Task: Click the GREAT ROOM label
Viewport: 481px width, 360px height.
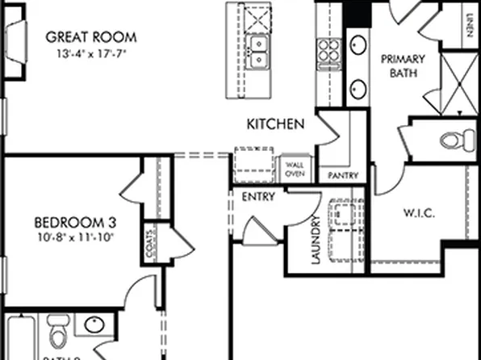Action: pos(90,37)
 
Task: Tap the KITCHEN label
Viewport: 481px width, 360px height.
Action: pos(275,124)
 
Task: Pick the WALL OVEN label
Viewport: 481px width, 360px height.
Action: pos(294,169)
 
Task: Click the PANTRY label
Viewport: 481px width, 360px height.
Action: pos(343,175)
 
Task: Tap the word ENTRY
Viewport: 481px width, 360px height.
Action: pos(258,196)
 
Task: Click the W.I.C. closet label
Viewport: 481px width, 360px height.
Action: pos(419,213)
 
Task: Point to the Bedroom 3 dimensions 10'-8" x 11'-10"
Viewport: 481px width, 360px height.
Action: pos(76,237)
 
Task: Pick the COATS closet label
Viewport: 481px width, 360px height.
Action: pos(151,250)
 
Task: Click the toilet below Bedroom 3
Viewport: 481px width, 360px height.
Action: pos(58,333)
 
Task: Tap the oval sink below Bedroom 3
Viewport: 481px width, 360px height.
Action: pos(94,325)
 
